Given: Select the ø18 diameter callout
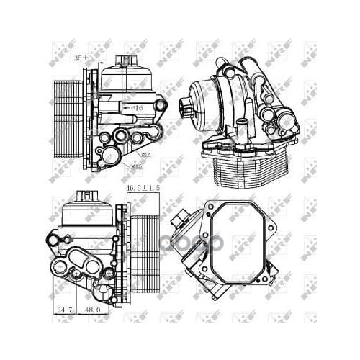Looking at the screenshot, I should (x=146, y=153).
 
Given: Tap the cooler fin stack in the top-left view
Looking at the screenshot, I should (x=68, y=114).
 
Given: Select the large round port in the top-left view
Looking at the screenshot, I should (x=110, y=155).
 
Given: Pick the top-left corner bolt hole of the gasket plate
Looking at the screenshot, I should (x=210, y=209).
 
